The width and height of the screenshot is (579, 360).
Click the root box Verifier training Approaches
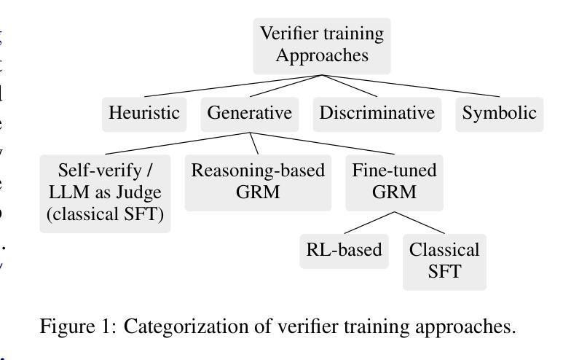coord(322,45)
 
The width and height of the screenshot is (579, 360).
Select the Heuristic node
coord(143,113)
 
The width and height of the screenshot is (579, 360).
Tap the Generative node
coord(249,113)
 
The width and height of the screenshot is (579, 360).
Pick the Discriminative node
coord(377,113)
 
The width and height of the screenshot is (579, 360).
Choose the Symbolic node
coord(499,113)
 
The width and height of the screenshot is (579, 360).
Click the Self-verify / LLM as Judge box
coord(105,192)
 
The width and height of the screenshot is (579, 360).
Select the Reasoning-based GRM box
coord(258,181)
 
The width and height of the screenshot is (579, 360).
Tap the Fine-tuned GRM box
coord(394,181)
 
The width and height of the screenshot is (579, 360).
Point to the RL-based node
coord(344,250)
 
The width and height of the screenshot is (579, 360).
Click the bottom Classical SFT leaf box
coord(444,260)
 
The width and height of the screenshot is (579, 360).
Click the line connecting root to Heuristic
coord(233,86)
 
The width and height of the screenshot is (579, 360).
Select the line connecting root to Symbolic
coord(410,86)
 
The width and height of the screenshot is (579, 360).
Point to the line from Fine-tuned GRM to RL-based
coord(369,223)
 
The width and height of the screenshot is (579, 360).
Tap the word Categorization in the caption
coord(176,326)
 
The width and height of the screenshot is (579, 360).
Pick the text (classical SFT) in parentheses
coord(105,214)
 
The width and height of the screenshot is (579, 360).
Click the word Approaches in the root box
coord(322,55)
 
